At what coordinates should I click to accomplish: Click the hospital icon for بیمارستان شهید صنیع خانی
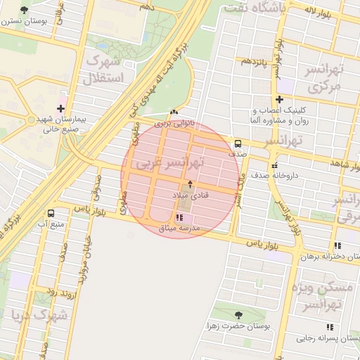[61, 109]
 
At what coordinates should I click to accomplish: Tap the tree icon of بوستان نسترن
[25, 10]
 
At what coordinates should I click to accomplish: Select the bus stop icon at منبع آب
[51, 213]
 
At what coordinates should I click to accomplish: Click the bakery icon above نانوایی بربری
[174, 112]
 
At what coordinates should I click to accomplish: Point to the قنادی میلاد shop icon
[189, 183]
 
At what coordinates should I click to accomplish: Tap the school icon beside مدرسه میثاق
[179, 218]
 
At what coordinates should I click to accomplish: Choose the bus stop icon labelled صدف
[236, 141]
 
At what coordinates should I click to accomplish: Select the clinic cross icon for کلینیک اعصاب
[280, 100]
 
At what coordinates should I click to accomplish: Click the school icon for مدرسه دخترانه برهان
[337, 246]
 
